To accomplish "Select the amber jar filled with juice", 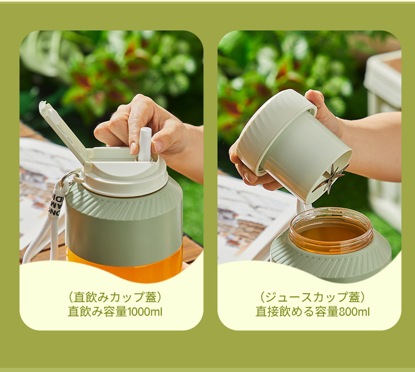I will point(331,231).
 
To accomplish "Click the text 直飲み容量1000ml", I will point(115,312).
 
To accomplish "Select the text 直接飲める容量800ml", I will point(313,312).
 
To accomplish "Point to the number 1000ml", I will point(145,312).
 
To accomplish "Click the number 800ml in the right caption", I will point(354,312).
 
